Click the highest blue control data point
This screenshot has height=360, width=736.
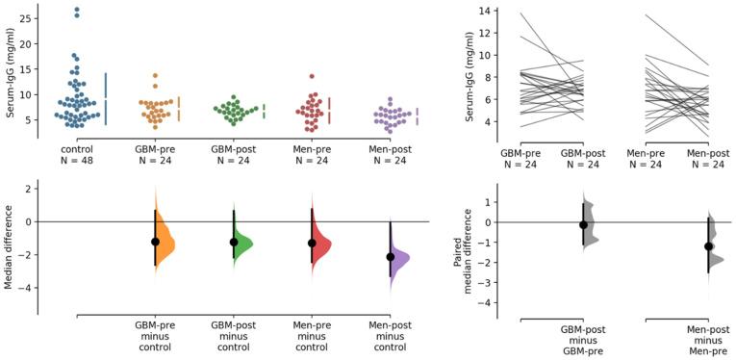[77, 11]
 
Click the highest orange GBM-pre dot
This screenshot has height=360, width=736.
[155, 75]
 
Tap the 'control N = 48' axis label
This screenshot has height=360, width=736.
[77, 154]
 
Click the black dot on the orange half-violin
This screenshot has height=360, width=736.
[155, 242]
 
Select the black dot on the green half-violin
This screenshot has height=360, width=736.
[233, 242]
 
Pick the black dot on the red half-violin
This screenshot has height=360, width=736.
[311, 243]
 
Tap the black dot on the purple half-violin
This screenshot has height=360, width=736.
[390, 257]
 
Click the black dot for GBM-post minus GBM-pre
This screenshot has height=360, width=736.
[583, 224]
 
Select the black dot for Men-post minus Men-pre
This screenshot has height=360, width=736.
[708, 246]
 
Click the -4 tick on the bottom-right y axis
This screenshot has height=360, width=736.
[490, 302]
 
